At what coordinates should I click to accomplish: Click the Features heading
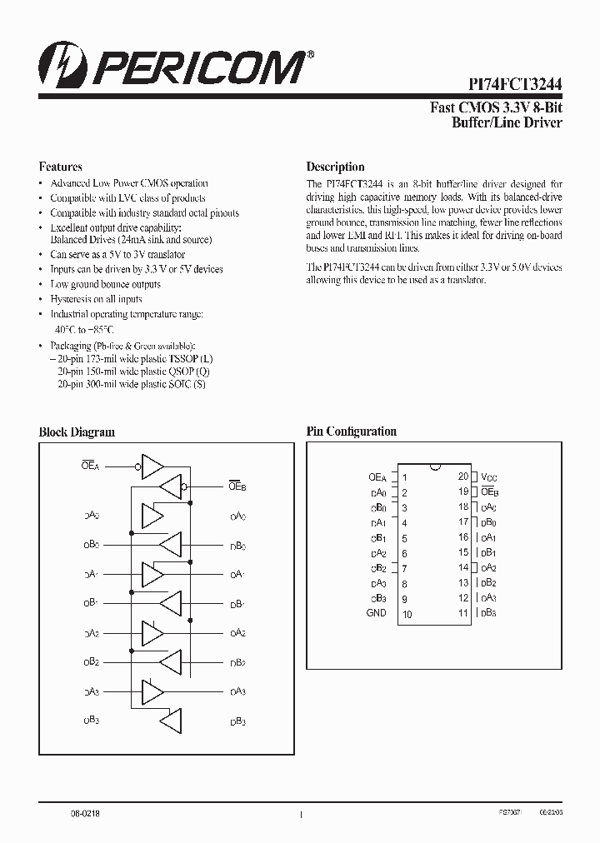tap(61, 167)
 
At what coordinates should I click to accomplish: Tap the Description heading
tap(335, 167)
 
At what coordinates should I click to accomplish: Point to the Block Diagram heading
tap(77, 431)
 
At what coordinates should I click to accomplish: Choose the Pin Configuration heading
tap(351, 431)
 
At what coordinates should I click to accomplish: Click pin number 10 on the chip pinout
tap(407, 614)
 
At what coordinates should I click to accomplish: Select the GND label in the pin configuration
tap(376, 613)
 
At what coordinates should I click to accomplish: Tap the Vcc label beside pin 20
tap(489, 477)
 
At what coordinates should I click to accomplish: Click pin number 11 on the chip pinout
tap(463, 613)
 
